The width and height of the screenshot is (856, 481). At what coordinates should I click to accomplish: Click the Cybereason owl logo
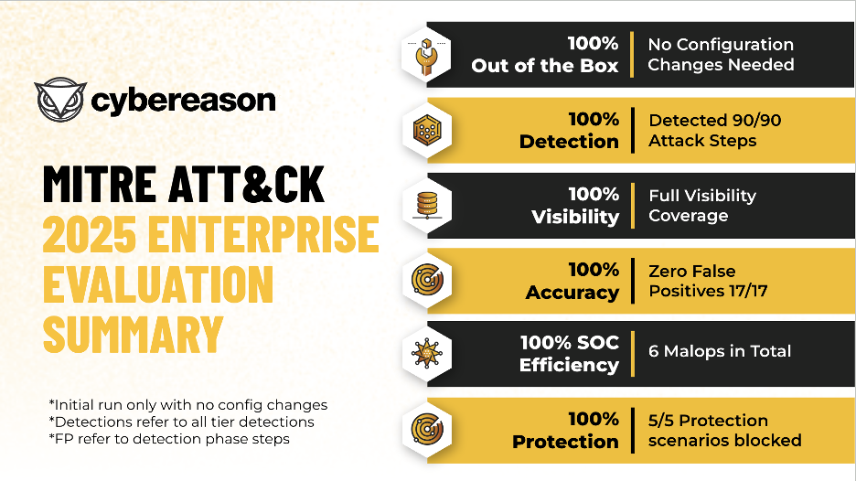[60, 100]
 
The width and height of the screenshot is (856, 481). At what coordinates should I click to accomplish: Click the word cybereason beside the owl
[183, 101]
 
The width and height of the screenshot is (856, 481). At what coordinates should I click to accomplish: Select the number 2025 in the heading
[90, 234]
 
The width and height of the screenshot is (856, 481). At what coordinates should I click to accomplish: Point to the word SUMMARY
[134, 334]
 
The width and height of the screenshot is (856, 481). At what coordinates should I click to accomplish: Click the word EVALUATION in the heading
[158, 284]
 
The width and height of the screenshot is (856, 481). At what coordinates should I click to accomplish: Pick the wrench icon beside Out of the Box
[426, 57]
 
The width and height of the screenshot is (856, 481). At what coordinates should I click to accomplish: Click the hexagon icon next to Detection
[427, 131]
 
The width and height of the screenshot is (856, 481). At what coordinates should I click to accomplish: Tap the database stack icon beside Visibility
[427, 206]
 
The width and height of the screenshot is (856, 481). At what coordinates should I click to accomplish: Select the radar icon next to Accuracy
[427, 280]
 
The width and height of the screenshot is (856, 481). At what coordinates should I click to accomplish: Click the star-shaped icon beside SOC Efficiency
[426, 353]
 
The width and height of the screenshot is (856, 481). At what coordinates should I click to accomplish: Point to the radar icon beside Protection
[427, 429]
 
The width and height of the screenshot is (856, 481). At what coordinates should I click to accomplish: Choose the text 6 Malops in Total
[720, 351]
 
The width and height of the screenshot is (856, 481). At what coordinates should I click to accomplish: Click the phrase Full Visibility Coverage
[702, 206]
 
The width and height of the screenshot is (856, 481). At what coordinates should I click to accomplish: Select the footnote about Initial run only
[188, 405]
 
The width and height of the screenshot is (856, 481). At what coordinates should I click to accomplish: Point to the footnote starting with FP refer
[169, 439]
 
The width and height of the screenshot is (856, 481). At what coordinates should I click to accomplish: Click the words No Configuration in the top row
[721, 44]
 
